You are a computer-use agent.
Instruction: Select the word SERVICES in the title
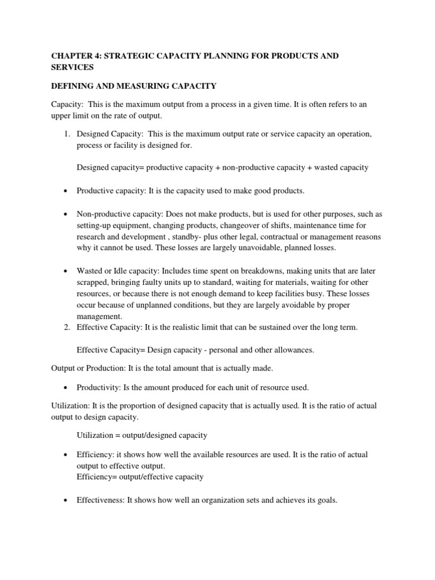tap(72, 67)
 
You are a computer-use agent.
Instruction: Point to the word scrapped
tap(93, 283)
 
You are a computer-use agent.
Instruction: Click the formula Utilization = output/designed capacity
tap(142, 436)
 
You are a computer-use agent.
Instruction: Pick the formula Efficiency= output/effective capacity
tap(140, 477)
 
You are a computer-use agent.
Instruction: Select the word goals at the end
tap(325, 501)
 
